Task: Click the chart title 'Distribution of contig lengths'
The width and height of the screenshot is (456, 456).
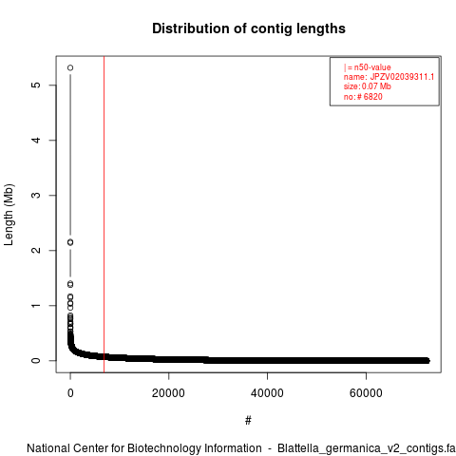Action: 249,28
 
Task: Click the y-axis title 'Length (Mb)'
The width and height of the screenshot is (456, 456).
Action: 9,215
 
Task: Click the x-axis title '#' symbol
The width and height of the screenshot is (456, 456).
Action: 248,420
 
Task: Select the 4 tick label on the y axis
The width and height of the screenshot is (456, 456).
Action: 37,140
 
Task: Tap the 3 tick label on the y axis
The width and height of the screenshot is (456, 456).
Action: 37,195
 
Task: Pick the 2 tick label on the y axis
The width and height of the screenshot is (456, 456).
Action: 37,250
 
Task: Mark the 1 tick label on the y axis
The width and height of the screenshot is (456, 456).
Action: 37,305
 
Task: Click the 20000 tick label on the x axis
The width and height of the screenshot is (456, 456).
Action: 168,393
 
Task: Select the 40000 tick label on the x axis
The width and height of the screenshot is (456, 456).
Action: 267,393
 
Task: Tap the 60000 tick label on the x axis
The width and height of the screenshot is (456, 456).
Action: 366,393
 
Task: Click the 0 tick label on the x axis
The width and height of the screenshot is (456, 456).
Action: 70,393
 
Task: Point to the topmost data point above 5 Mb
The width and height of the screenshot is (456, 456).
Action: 70,67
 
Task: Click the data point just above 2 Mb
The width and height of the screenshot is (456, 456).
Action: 70,242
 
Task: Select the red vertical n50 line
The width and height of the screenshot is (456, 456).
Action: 104,215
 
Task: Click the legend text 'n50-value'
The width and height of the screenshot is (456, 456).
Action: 372,67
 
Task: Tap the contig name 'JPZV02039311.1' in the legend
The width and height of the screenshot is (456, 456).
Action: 402,77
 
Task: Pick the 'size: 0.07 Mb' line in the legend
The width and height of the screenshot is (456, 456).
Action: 368,86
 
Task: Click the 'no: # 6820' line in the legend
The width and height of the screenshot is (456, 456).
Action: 363,97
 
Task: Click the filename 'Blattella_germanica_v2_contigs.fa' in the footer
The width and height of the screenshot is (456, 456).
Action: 367,448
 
